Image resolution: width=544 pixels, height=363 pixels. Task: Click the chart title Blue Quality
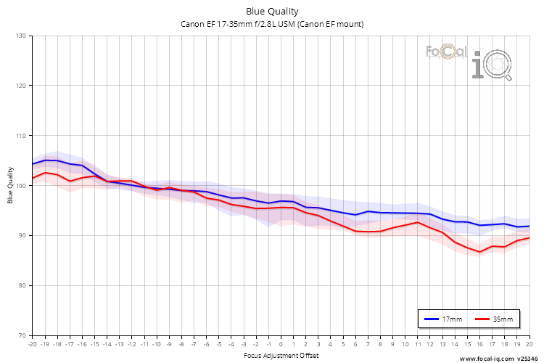(x=271, y=12)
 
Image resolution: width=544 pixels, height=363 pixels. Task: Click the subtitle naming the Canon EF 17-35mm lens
(x=271, y=24)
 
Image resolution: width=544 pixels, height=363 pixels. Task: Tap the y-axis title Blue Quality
(x=11, y=185)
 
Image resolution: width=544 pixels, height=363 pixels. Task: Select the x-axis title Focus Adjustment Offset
(x=280, y=356)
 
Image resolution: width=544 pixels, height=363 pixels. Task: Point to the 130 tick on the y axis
(x=20, y=36)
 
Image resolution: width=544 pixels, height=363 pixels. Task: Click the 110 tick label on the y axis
(x=20, y=136)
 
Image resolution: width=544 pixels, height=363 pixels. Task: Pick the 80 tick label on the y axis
(x=22, y=285)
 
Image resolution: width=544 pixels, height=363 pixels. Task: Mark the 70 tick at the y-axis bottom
(x=22, y=335)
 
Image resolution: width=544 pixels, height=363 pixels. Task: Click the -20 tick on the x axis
(x=32, y=344)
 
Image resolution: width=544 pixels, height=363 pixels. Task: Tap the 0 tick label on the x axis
(x=281, y=344)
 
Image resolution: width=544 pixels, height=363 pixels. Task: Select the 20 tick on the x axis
(x=529, y=344)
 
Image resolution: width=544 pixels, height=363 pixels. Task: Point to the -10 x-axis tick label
(x=156, y=344)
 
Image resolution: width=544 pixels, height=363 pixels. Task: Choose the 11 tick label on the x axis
(x=417, y=344)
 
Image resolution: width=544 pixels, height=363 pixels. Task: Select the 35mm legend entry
(x=493, y=319)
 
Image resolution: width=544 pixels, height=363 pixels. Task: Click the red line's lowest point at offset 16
(x=479, y=252)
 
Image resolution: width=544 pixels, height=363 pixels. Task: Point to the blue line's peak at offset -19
(x=45, y=160)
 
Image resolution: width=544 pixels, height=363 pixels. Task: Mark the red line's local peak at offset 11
(x=417, y=222)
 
